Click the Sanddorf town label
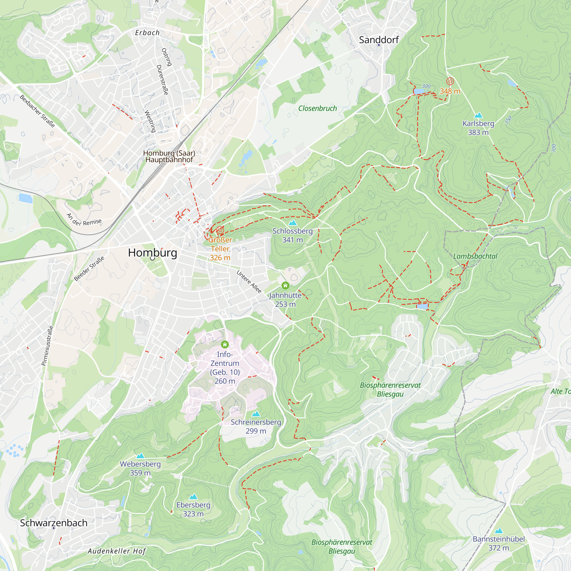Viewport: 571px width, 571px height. pyautogui.click(x=379, y=40)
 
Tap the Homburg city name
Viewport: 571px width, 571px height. pyautogui.click(x=152, y=253)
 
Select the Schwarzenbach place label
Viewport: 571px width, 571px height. pyautogui.click(x=54, y=523)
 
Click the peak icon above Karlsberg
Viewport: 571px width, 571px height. pyautogui.click(x=478, y=115)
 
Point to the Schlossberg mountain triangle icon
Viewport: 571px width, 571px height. pyautogui.click(x=293, y=223)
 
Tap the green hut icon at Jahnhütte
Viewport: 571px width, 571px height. pyautogui.click(x=285, y=285)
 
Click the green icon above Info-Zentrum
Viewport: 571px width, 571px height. pyautogui.click(x=225, y=344)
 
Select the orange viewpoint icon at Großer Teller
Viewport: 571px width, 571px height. pyautogui.click(x=220, y=230)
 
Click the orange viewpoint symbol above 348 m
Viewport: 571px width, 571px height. pyautogui.click(x=450, y=81)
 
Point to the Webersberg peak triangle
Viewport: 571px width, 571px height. pyautogui.click(x=140, y=456)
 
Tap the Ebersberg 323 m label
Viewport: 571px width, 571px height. pyautogui.click(x=193, y=509)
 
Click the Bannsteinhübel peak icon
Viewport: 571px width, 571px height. pyautogui.click(x=498, y=530)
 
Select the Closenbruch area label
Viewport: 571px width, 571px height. pyautogui.click(x=317, y=108)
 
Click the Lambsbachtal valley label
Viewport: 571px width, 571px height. pyautogui.click(x=475, y=256)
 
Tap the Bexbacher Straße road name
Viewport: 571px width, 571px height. pyautogui.click(x=37, y=111)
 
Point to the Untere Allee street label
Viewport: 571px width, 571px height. pyautogui.click(x=249, y=282)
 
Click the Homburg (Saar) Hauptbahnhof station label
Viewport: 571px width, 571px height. pyautogui.click(x=169, y=156)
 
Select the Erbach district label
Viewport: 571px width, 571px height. pyautogui.click(x=147, y=33)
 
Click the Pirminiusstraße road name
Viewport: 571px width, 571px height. pyautogui.click(x=48, y=345)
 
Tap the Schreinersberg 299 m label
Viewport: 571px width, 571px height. pyautogui.click(x=256, y=427)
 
